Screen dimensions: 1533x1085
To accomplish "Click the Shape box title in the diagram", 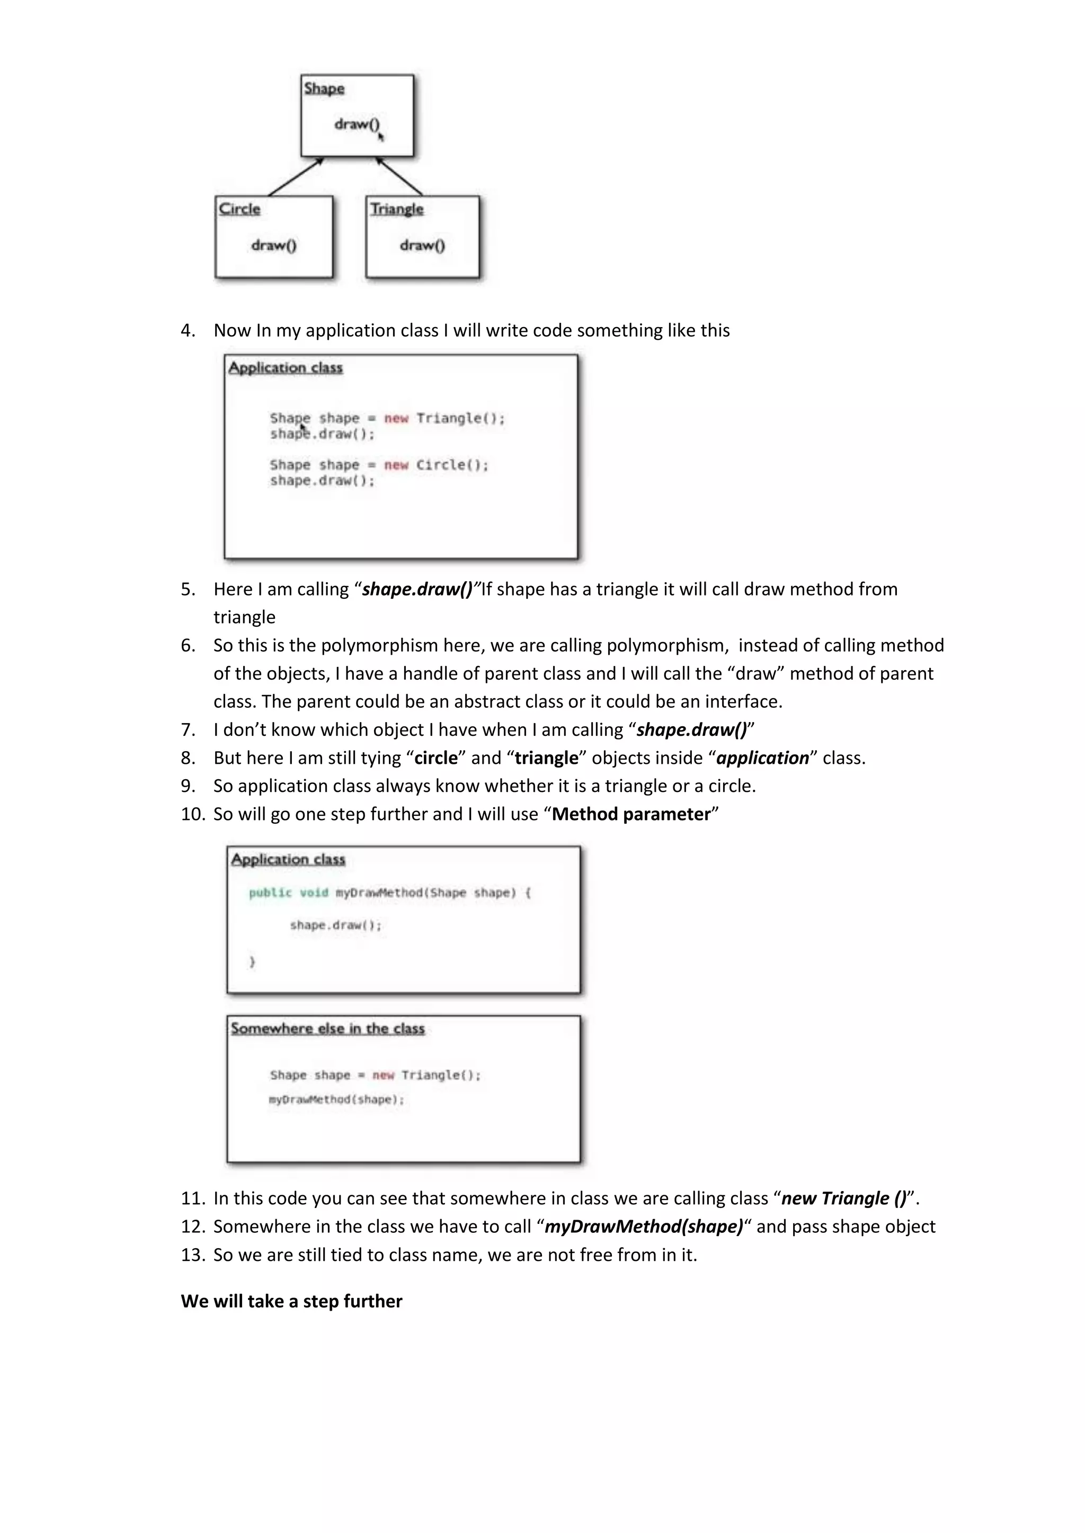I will [x=324, y=88].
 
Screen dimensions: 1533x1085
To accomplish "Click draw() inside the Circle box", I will [x=274, y=245].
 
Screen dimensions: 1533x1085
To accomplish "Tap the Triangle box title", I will [x=397, y=209].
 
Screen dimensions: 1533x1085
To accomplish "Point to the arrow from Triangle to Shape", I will [x=399, y=176].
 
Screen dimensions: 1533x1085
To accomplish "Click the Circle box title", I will [x=239, y=209].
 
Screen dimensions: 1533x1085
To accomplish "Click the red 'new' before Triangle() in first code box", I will [x=396, y=418].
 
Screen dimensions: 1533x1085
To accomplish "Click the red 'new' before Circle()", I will [x=396, y=465].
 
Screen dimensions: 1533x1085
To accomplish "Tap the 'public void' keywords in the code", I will [x=288, y=892].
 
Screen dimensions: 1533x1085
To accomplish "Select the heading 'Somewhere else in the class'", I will [x=327, y=1028].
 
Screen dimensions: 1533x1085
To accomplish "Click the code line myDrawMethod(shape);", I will [x=336, y=1099].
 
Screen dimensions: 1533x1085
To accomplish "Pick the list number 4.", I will [x=188, y=330].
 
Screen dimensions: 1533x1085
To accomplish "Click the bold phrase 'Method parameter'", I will [x=630, y=814].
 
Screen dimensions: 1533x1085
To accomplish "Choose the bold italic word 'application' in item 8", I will [x=762, y=758].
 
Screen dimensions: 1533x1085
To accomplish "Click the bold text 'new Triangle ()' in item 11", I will [x=844, y=1198].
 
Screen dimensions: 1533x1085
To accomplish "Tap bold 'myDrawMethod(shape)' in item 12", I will [x=643, y=1227].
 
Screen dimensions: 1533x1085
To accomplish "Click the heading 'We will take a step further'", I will [x=291, y=1301].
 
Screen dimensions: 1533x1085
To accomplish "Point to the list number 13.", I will [x=192, y=1255].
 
